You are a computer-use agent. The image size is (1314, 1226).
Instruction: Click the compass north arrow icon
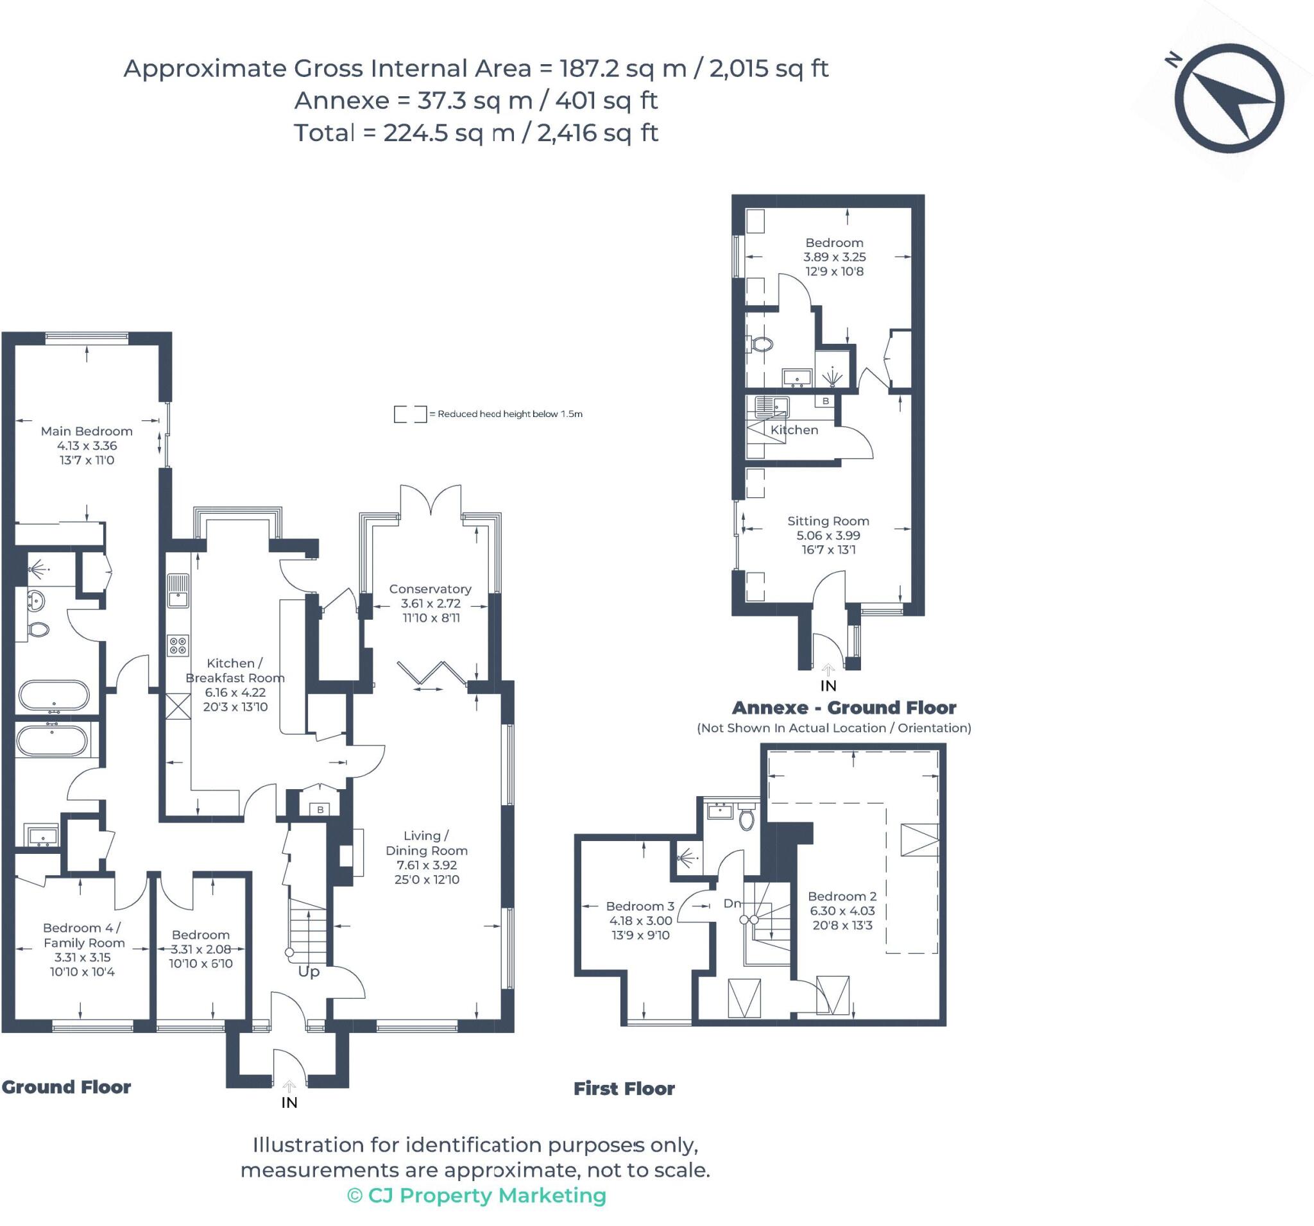click(x=1233, y=98)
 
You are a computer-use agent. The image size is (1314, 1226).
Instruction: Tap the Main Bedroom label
click(x=87, y=431)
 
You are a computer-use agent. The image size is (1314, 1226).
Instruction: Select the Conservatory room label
click(x=431, y=589)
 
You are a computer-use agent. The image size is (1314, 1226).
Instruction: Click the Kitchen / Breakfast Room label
click(x=235, y=670)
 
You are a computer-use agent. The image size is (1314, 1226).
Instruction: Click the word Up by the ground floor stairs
click(x=309, y=971)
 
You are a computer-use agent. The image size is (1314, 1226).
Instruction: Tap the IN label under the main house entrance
click(x=289, y=1102)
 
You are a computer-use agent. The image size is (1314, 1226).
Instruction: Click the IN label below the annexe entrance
click(x=828, y=686)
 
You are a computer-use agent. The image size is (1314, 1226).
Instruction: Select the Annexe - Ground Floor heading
click(x=844, y=708)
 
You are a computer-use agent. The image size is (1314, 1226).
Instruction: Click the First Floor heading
click(x=624, y=1089)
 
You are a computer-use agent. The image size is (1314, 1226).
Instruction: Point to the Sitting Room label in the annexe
click(x=828, y=521)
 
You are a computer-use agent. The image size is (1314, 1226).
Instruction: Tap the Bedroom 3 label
click(x=640, y=906)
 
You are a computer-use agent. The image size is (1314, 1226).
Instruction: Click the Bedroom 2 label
click(x=842, y=896)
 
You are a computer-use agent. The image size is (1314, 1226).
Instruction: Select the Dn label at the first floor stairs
click(x=732, y=903)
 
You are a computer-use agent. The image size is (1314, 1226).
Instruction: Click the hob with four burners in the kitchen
click(x=178, y=645)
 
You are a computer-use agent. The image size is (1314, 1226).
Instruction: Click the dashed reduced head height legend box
click(x=410, y=414)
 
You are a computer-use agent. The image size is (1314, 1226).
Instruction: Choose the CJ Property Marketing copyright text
click(x=477, y=1195)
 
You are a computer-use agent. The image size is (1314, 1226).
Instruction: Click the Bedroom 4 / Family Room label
click(x=83, y=935)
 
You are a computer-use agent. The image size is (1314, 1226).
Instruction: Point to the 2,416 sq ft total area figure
click(x=597, y=133)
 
